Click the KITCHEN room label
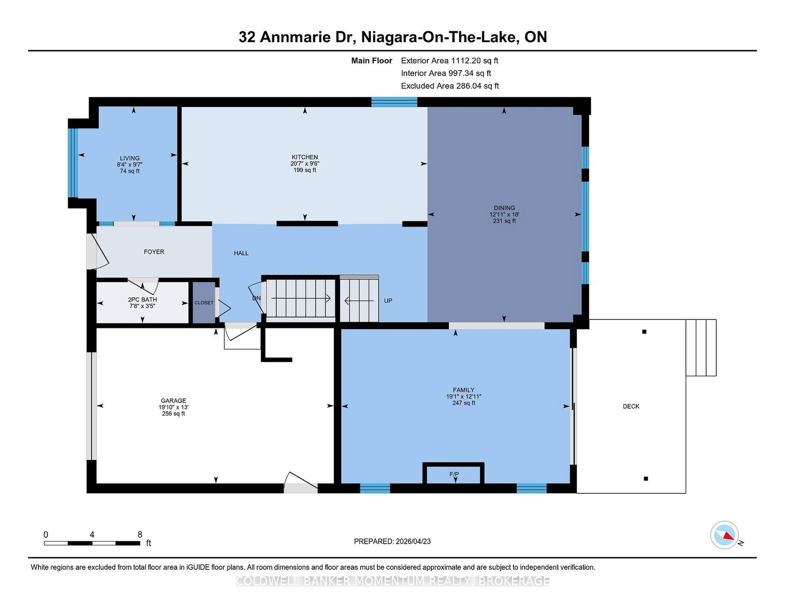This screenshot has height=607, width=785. pos(305,158)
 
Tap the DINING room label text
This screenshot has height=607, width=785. pos(504,208)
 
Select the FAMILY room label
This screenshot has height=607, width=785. pos(464,390)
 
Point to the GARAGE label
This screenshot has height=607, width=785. pos(173,401)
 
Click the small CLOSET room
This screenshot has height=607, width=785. pos(204,303)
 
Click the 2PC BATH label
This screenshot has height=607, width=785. pos(142,300)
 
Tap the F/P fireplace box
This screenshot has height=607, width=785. pos(454,475)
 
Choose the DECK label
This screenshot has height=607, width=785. pos(631,406)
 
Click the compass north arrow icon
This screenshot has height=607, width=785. pos(725,535)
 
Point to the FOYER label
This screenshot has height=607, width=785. pos(154,252)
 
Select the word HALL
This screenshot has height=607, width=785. pos(241,253)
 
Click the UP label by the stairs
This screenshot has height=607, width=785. pos(388,301)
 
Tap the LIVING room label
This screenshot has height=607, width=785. pos(130,158)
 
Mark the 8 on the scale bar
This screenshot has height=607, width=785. pos(140,535)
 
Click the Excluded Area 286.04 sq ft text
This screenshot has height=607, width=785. pos(449,86)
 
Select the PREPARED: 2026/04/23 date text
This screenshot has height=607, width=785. pos(392,541)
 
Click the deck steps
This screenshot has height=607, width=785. pos(701,347)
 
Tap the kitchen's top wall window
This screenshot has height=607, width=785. pos(394,102)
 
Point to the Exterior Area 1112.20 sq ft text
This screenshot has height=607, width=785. pos(449,61)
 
